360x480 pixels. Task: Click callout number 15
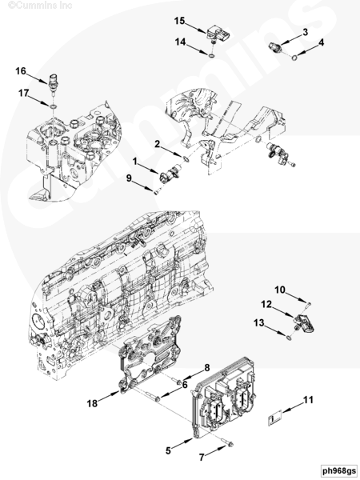coord(180,21)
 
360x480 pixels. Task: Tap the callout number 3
coord(306,32)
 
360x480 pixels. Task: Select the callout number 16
coord(21,71)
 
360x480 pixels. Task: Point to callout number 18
coord(92,403)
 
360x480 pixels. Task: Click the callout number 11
coord(308,399)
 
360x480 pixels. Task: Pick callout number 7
coord(201,457)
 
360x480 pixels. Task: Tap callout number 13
coord(259,322)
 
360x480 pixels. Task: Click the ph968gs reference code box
coord(339,470)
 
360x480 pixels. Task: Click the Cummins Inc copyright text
coord(40,6)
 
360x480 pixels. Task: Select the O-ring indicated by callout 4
coord(294,58)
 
